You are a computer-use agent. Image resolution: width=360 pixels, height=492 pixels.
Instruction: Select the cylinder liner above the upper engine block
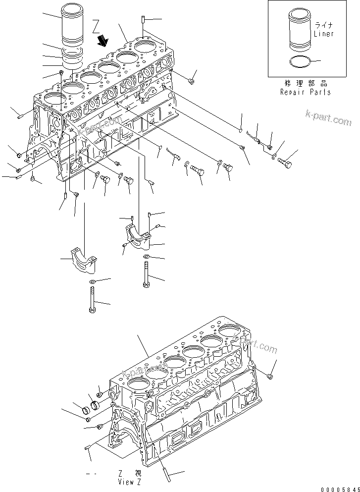coord(73,25)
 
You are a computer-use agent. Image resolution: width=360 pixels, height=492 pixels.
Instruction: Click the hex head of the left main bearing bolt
coord(93,310)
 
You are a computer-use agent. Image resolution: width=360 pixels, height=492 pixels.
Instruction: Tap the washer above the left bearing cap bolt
coord(93,281)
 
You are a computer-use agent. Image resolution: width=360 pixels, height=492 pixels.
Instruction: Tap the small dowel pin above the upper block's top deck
coord(143,20)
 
